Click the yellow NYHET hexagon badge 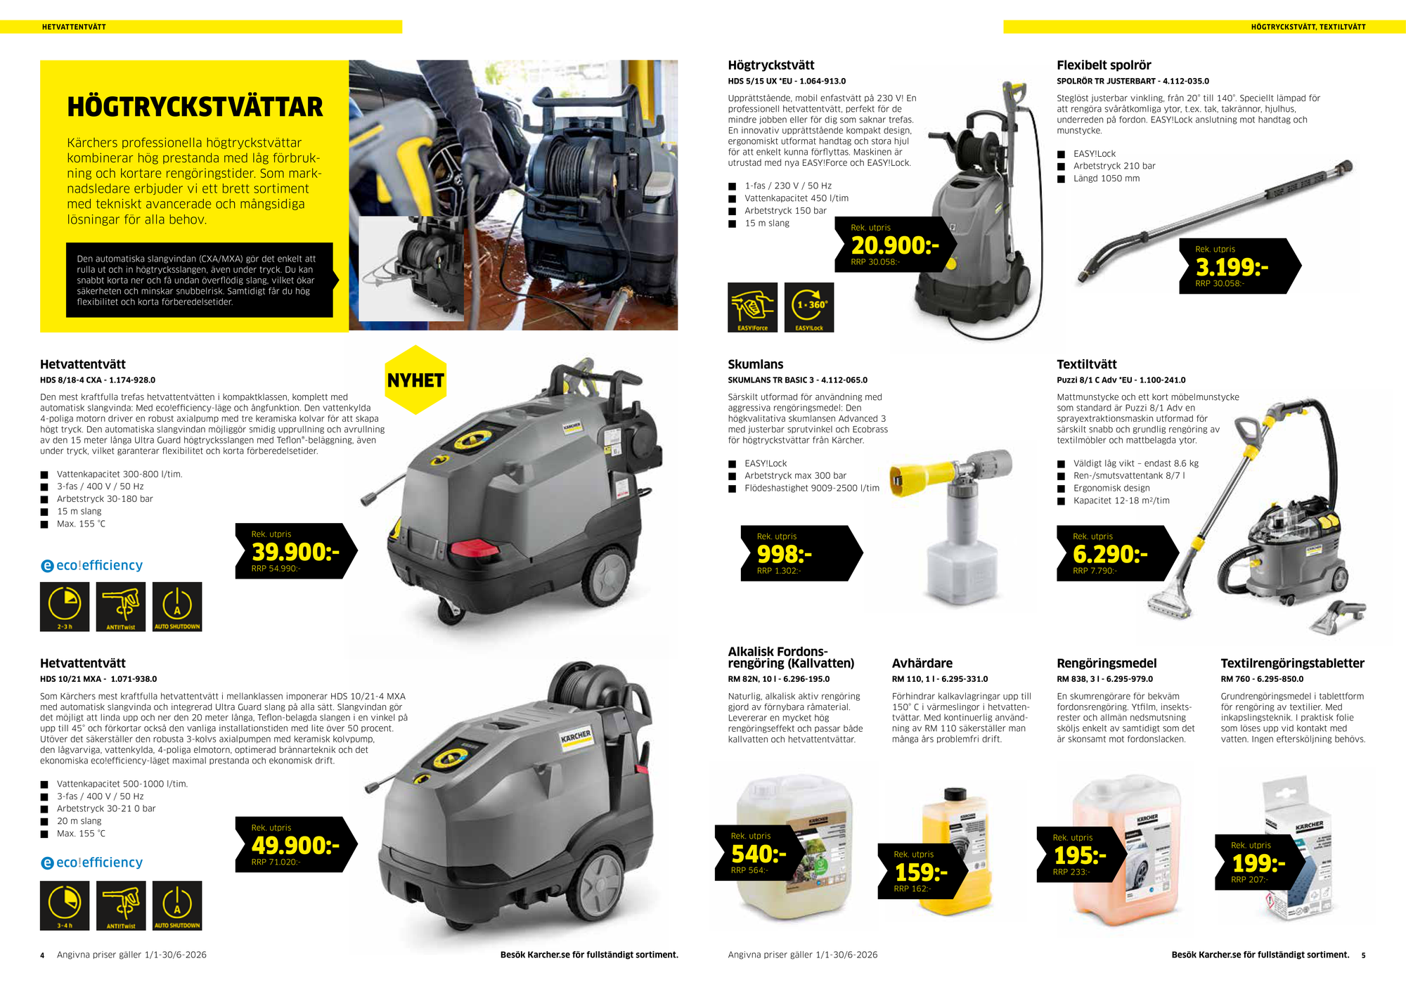click(415, 380)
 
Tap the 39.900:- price click(295, 552)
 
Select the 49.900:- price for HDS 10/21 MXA click(295, 845)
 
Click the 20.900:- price click(895, 245)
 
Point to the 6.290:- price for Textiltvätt click(1110, 554)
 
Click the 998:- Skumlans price click(784, 554)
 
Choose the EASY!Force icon click(752, 307)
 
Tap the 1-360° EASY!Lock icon click(809, 307)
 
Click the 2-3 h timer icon click(65, 607)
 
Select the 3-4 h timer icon click(65, 905)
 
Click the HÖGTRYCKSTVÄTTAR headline click(195, 107)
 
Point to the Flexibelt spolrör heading click(1104, 65)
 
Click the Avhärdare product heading click(922, 663)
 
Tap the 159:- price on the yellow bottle click(921, 872)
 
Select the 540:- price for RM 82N click(759, 854)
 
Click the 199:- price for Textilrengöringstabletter click(1258, 863)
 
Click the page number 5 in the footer click(1363, 955)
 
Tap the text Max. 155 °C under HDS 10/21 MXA click(81, 833)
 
